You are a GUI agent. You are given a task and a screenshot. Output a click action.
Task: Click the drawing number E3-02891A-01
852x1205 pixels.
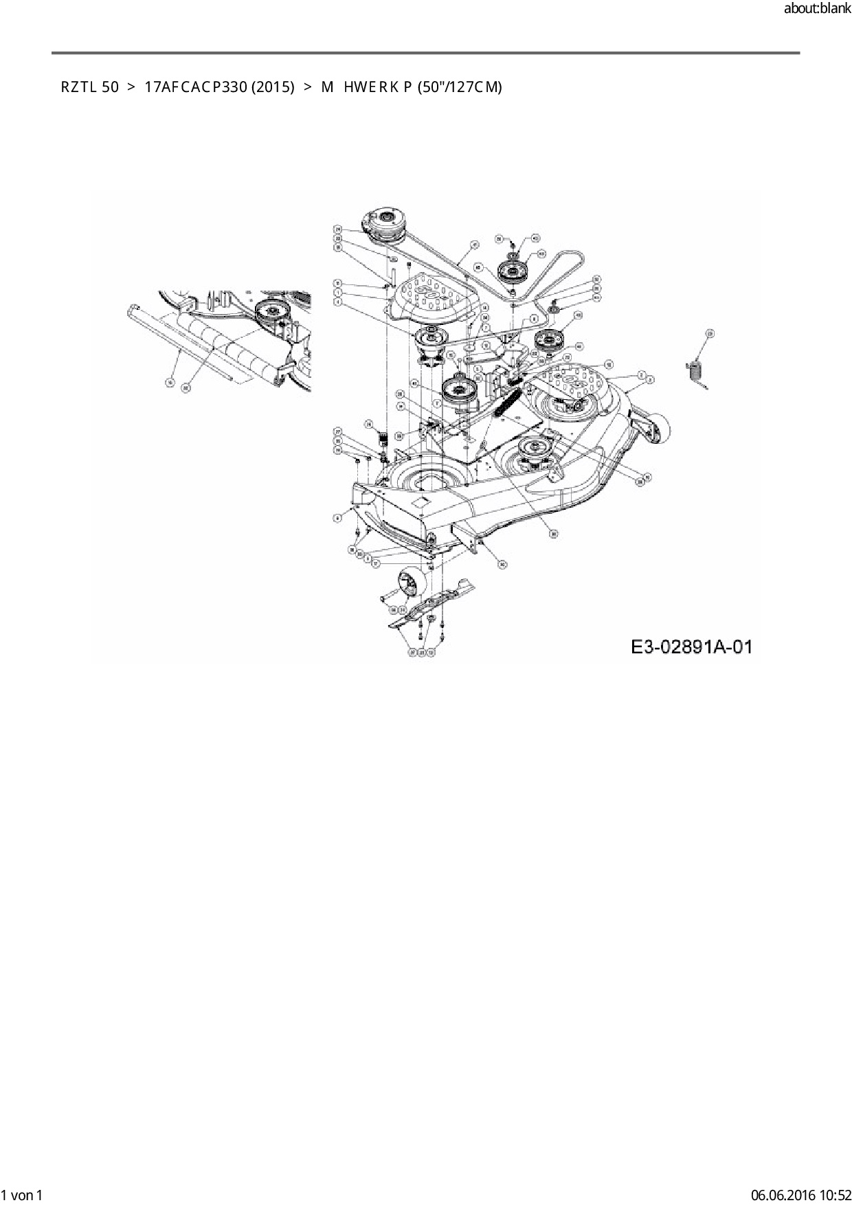[x=691, y=647]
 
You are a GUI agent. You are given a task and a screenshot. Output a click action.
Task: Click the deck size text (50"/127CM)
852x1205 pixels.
[x=460, y=87]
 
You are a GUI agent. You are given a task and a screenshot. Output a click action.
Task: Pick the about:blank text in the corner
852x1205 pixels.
[x=817, y=9]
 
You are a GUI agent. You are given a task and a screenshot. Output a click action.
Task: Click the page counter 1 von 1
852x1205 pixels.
[x=22, y=1195]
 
